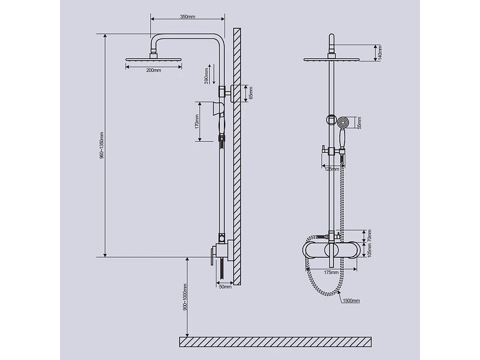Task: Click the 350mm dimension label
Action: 188,17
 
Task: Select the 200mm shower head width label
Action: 154,70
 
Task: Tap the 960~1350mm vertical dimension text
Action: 102,145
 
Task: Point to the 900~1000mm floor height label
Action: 185,298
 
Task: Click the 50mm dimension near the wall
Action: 225,287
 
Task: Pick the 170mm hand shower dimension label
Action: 197,121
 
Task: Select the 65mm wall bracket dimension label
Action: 251,93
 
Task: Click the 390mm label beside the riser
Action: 206,75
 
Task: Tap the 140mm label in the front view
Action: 379,52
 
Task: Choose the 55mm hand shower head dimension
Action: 359,123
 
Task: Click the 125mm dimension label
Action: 332,169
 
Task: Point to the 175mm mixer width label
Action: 332,273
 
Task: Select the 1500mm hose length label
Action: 351,300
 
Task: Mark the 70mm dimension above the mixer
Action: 369,236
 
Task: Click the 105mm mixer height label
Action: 369,250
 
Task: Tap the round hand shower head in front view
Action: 342,122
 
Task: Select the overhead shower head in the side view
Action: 154,60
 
